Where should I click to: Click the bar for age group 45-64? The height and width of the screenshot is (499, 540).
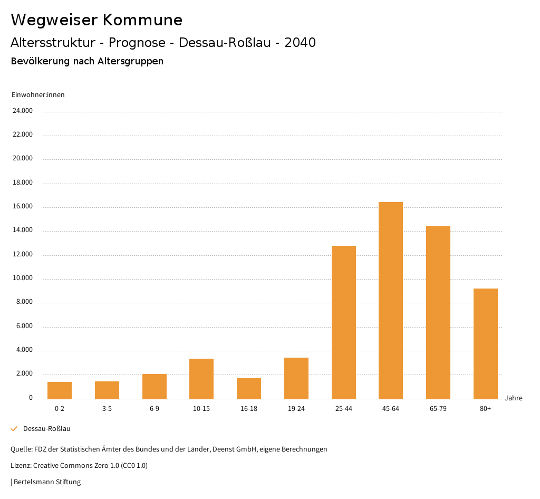pyautogui.click(x=391, y=301)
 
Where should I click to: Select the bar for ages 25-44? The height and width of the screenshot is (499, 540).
pyautogui.click(x=344, y=322)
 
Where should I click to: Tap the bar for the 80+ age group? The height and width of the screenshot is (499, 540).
pyautogui.click(x=486, y=343)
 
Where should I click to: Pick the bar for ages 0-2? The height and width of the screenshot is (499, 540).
pyautogui.click(x=60, y=390)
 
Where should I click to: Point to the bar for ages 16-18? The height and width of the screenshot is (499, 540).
pyautogui.click(x=249, y=389)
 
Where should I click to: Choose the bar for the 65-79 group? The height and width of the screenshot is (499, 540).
pyautogui.click(x=438, y=312)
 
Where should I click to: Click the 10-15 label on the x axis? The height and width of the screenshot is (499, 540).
pyautogui.click(x=201, y=409)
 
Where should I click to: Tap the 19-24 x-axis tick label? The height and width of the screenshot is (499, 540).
pyautogui.click(x=296, y=409)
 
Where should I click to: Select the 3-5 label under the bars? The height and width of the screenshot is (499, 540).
pyautogui.click(x=107, y=409)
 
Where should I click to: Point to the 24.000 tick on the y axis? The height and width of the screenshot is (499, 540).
pyautogui.click(x=23, y=111)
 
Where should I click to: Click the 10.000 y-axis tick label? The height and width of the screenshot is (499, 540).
pyautogui.click(x=23, y=278)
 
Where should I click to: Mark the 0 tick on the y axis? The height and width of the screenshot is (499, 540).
pyautogui.click(x=31, y=398)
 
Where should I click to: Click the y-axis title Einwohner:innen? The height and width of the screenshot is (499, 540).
pyautogui.click(x=38, y=95)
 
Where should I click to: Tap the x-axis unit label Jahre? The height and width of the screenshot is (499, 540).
pyautogui.click(x=514, y=398)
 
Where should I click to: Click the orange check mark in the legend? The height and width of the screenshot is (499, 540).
pyautogui.click(x=14, y=429)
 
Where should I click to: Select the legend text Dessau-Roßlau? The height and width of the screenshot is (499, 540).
pyautogui.click(x=47, y=429)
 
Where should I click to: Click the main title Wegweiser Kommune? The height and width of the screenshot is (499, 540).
pyautogui.click(x=97, y=20)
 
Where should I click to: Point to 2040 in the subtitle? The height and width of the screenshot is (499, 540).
pyautogui.click(x=300, y=43)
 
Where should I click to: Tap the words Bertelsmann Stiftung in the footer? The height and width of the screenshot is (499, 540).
pyautogui.click(x=47, y=482)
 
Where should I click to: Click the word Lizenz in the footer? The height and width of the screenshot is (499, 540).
pyautogui.click(x=21, y=466)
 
